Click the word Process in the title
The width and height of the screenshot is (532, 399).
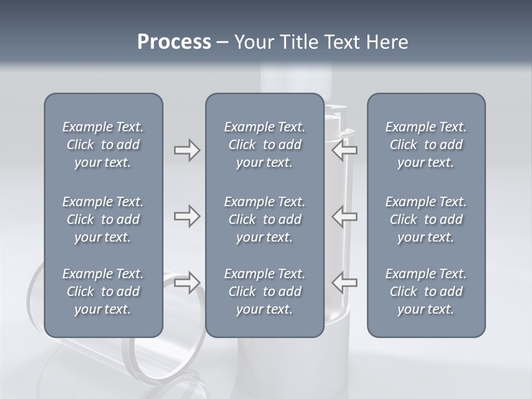click(x=174, y=42)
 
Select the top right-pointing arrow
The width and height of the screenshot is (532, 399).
click(x=187, y=150)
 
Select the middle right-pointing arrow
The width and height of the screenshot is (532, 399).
click(x=187, y=216)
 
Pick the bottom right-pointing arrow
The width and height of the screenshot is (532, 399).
click(x=187, y=283)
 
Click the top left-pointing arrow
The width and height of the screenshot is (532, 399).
click(x=345, y=150)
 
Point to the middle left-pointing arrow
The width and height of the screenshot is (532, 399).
click(x=345, y=216)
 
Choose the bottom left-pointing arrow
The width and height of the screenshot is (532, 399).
click(x=345, y=283)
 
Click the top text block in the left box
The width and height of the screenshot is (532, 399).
click(x=103, y=145)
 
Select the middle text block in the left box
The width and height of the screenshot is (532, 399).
click(x=103, y=219)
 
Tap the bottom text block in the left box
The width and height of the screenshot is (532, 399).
click(x=103, y=291)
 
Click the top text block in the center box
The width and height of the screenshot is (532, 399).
click(x=264, y=145)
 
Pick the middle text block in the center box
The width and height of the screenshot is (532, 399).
click(x=264, y=219)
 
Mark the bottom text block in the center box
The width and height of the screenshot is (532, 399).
click(x=264, y=291)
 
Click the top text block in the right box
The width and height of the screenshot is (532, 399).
click(x=426, y=145)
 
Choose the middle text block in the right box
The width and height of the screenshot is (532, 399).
click(x=426, y=219)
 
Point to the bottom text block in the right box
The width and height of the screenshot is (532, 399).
click(x=426, y=291)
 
